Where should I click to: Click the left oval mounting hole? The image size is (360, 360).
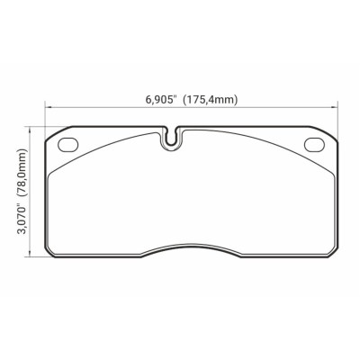[67, 144]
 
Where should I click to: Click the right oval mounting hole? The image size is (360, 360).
[314, 144]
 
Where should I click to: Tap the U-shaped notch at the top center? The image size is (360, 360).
[171, 139]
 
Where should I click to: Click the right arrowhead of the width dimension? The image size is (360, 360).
[335, 110]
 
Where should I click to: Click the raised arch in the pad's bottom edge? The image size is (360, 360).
[191, 244]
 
